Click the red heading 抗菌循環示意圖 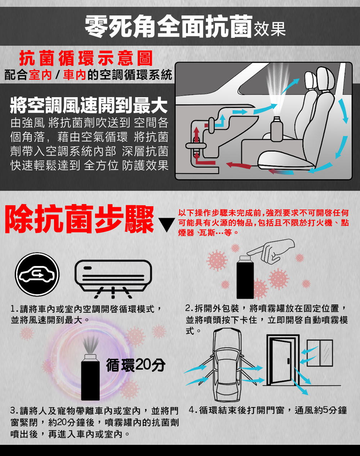tap(86, 58)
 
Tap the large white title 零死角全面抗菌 tap(168, 27)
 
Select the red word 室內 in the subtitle tap(40, 75)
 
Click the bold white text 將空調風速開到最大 tap(89, 105)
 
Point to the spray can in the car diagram tap(277, 129)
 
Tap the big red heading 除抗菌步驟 tap(79, 219)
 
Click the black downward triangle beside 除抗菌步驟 tap(167, 225)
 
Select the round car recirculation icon tap(37, 274)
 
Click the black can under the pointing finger tap(245, 277)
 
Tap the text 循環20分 tap(136, 365)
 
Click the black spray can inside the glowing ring tap(90, 378)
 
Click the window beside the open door tap(320, 353)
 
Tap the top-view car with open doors tap(227, 365)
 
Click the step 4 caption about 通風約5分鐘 tap(268, 410)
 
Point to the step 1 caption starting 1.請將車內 tap(86, 315)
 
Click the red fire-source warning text tap(264, 223)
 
